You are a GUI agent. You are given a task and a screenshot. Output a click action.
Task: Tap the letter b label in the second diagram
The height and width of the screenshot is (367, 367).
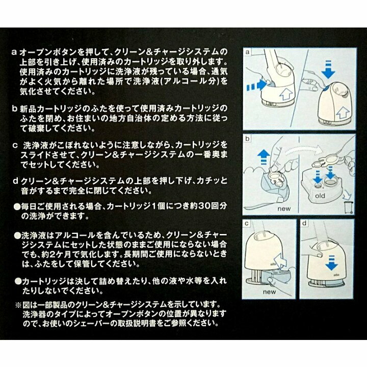pos(247,138)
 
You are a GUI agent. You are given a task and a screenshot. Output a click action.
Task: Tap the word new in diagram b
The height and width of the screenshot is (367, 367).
pos(284,208)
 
